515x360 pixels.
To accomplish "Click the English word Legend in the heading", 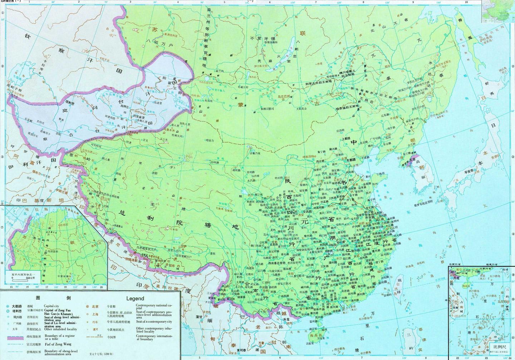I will [x=135, y=299].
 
